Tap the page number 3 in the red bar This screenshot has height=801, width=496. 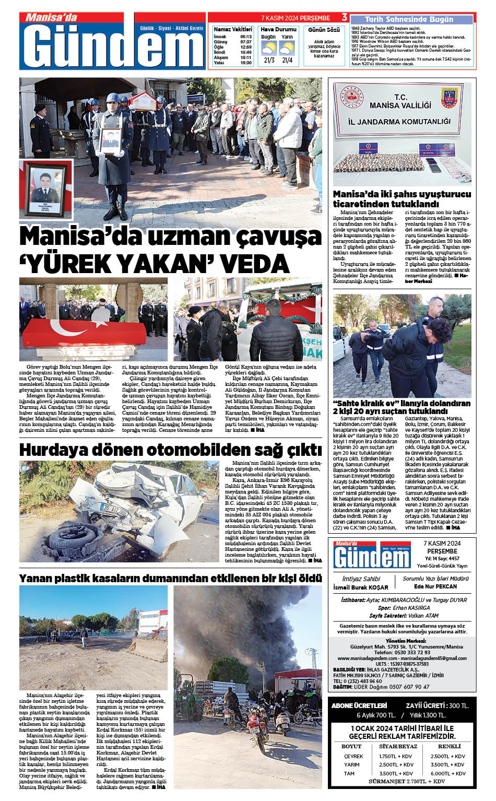[x=344, y=18]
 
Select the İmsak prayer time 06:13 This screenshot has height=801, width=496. [x=246, y=37]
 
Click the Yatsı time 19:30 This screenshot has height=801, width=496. [x=246, y=63]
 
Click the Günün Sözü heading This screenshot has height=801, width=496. [x=324, y=30]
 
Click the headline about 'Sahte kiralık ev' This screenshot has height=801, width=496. [x=401, y=407]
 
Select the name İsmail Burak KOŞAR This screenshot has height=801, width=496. [x=361, y=587]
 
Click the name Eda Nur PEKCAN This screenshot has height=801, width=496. [x=435, y=586]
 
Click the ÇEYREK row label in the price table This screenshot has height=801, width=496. [x=353, y=756]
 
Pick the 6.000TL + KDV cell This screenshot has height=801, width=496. [x=448, y=773]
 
